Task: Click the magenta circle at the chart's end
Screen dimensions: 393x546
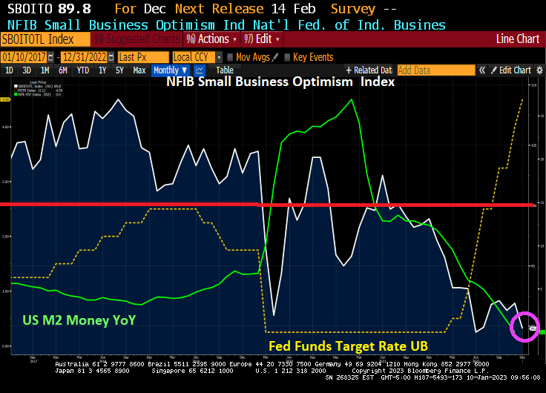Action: click(524, 326)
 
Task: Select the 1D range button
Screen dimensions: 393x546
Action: click(10, 70)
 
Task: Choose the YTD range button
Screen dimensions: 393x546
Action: click(83, 70)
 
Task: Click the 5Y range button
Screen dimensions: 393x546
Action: click(119, 70)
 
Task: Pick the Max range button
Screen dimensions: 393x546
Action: click(139, 70)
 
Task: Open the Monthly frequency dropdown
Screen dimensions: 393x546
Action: click(170, 70)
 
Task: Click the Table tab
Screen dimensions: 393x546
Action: click(225, 70)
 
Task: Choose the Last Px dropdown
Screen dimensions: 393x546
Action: click(142, 57)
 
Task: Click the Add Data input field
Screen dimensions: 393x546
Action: click(435, 70)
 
